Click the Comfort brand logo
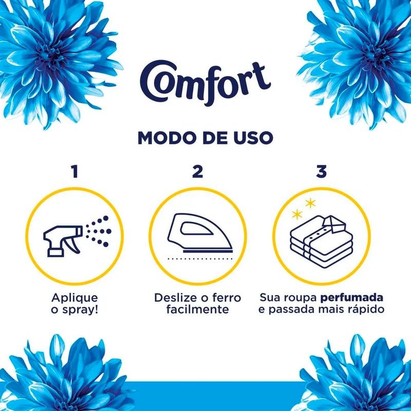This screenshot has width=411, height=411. (205, 83)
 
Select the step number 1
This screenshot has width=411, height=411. (75, 172)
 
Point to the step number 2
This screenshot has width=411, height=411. (198, 172)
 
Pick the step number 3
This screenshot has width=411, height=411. (322, 172)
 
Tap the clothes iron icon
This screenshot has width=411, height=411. (200, 233)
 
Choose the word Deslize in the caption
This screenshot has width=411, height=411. (175, 298)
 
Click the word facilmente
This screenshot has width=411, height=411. (198, 309)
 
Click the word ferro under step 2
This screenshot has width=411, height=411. (227, 298)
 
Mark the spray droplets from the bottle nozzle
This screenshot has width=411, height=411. (99, 231)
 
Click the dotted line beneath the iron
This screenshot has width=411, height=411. (200, 259)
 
